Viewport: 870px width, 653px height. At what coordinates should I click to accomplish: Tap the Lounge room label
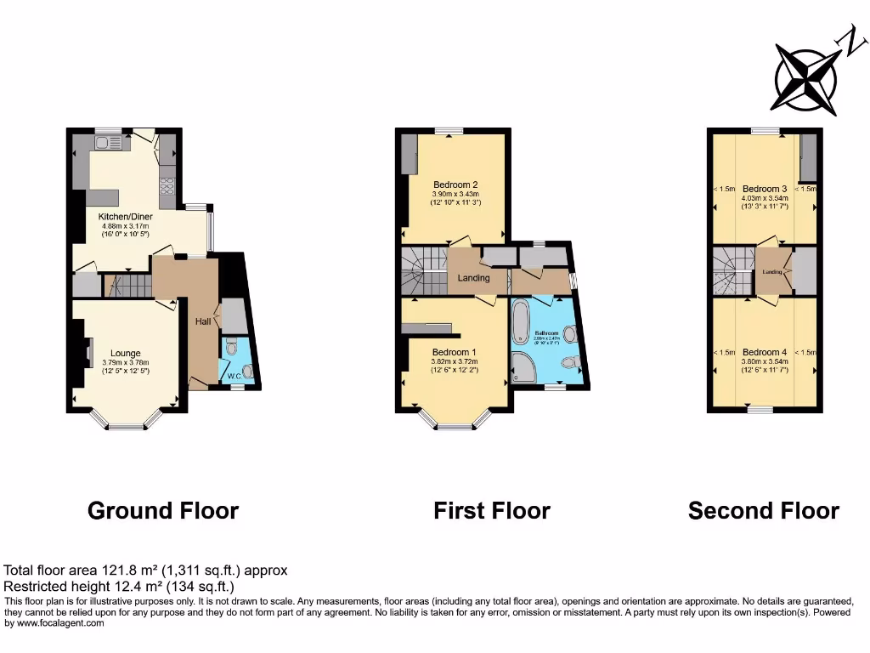(125, 353)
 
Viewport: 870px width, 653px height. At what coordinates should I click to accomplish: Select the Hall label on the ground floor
(203, 321)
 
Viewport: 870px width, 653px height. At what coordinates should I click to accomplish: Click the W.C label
(229, 374)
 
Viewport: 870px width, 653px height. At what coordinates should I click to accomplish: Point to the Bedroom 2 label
(455, 185)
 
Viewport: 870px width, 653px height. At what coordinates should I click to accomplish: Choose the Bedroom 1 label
(455, 352)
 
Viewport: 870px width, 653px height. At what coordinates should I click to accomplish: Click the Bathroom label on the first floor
(546, 332)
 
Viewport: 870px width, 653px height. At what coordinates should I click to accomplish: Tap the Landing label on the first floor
(473, 278)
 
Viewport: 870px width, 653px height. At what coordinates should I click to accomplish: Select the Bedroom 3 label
(765, 188)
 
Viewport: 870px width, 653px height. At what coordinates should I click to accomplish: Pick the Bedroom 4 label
(765, 352)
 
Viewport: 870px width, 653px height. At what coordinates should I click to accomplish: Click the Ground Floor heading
(163, 511)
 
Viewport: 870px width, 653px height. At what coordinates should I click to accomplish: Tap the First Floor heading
(491, 511)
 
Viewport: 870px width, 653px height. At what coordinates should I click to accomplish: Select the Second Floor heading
(763, 511)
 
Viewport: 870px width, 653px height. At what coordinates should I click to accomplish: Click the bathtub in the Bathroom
(520, 327)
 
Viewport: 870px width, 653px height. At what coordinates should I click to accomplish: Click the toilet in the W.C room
(246, 370)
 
